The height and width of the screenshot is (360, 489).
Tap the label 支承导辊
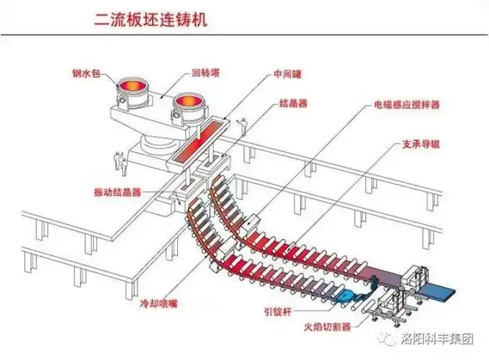point(421,144)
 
